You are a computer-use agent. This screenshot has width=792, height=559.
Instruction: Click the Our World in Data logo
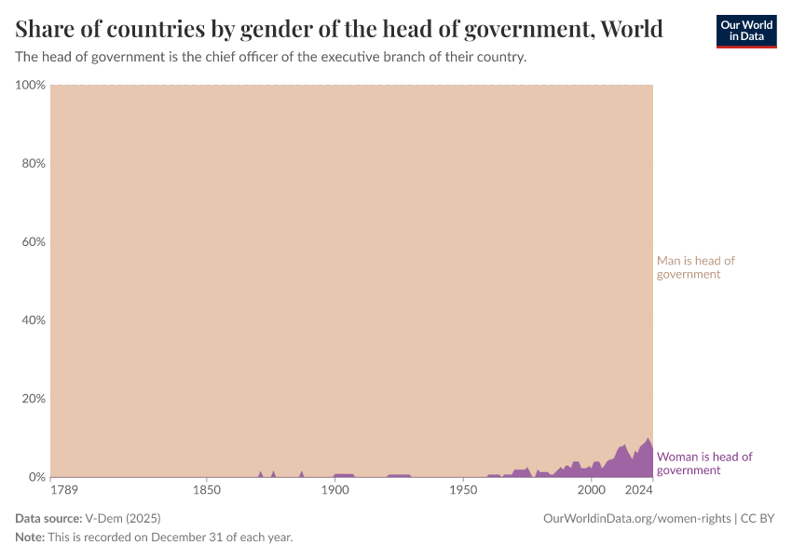(745, 31)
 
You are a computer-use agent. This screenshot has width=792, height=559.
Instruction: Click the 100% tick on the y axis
(31, 85)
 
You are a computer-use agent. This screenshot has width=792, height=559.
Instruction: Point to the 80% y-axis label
(33, 163)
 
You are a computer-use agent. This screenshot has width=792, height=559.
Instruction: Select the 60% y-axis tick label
(33, 242)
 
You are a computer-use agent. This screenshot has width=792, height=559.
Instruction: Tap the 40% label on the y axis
(33, 320)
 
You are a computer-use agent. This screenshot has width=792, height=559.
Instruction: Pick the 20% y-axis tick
(33, 399)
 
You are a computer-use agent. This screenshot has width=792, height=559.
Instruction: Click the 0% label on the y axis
(36, 477)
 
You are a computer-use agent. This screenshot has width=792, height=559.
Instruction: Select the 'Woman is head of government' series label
(704, 463)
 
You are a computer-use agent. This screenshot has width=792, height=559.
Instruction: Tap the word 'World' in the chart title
(632, 29)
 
